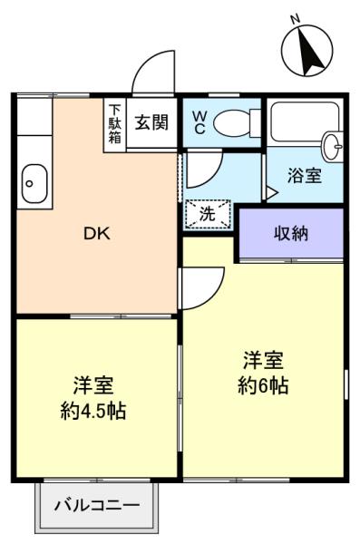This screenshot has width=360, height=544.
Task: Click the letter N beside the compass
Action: point(296,20)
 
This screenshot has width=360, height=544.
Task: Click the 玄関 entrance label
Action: point(151,122)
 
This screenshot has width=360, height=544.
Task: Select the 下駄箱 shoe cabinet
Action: point(115,125)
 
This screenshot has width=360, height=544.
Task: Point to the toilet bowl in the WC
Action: point(237,122)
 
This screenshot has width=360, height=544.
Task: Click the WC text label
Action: point(199,122)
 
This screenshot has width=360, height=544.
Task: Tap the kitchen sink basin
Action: point(34,183)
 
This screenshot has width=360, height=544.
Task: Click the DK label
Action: point(97,234)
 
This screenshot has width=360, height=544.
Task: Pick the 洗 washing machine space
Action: point(208,214)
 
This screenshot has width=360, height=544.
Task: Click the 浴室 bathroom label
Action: point(304,176)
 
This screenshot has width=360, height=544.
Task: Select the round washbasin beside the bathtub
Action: point(334,146)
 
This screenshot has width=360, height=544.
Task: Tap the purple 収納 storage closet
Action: point(292,234)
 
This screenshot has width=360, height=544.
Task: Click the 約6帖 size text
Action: point(263,386)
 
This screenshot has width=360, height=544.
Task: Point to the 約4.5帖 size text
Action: point(93,411)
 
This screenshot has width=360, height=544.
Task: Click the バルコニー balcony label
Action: point(97,505)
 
